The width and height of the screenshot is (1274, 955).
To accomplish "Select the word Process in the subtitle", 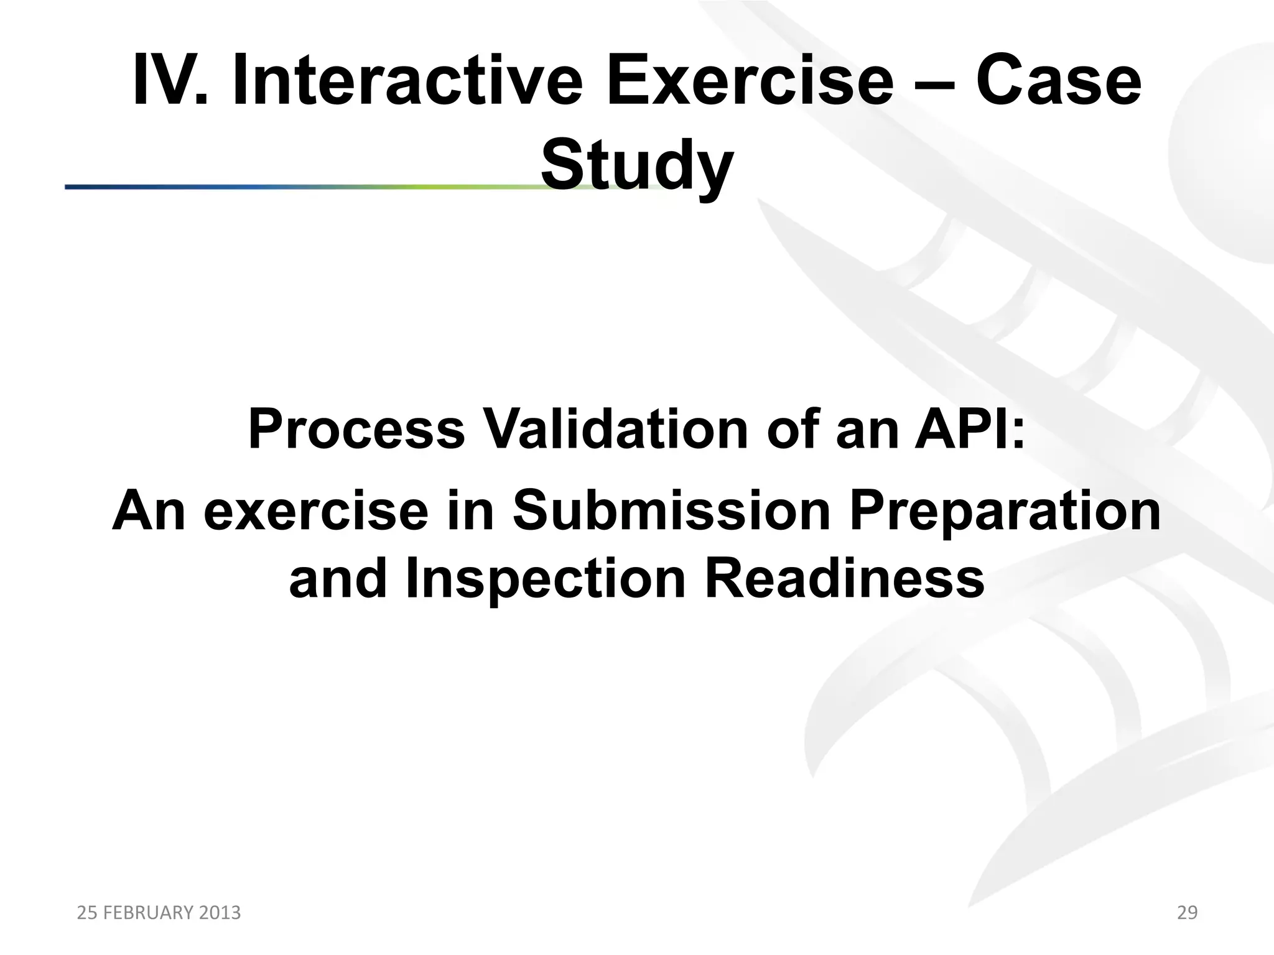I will [x=356, y=430].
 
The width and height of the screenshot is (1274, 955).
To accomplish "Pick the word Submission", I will [x=671, y=511].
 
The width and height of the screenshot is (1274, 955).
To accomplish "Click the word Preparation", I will [x=1005, y=511].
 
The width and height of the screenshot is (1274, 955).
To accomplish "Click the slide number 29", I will [x=1187, y=913].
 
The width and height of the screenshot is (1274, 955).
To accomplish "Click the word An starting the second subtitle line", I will [x=149, y=511].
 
